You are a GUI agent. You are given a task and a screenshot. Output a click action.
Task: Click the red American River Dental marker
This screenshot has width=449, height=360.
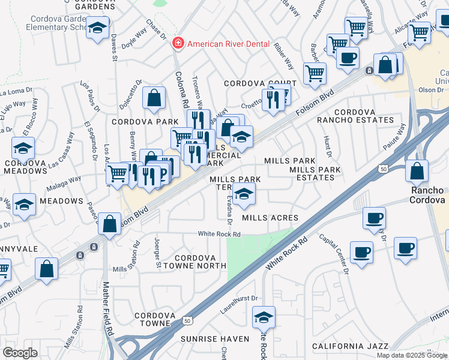pyautogui.click(x=178, y=43)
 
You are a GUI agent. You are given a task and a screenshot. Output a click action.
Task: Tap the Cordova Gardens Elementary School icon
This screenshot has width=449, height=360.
pyautogui.click(x=97, y=27)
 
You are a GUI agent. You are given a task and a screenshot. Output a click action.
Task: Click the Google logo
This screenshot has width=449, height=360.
pyautogui.click(x=20, y=353)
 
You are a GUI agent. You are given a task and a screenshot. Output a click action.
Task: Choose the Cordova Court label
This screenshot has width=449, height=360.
pyautogui.click(x=260, y=83)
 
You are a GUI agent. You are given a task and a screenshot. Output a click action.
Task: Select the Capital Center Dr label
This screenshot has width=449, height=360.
pyautogui.click(x=334, y=253)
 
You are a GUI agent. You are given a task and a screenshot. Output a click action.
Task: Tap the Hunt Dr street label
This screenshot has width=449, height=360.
pyautogui.click(x=327, y=146)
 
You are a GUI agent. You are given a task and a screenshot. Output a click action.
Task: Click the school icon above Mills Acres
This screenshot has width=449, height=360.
pyautogui.click(x=244, y=193)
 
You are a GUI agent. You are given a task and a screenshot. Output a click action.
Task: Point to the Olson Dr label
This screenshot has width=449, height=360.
pyautogui.click(x=430, y=89)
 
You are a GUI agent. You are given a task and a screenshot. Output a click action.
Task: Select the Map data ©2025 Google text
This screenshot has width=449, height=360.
pyautogui.click(x=412, y=355)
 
